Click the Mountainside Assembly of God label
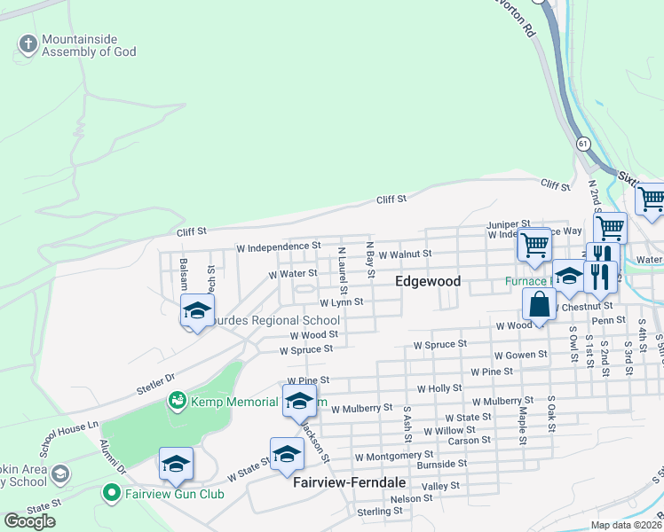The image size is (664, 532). (89, 46)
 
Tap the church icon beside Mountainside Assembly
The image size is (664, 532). (28, 43)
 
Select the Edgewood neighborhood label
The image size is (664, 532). (428, 281)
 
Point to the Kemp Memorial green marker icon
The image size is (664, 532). (178, 402)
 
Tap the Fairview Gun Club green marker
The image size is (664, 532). (111, 492)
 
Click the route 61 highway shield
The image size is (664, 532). (582, 142)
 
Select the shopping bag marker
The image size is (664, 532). (539, 304)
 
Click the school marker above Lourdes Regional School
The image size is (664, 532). (197, 311)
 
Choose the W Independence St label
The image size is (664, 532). (278, 246)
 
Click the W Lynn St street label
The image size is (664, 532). (342, 302)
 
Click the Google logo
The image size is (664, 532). (30, 521)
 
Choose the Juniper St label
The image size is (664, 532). (508, 224)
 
